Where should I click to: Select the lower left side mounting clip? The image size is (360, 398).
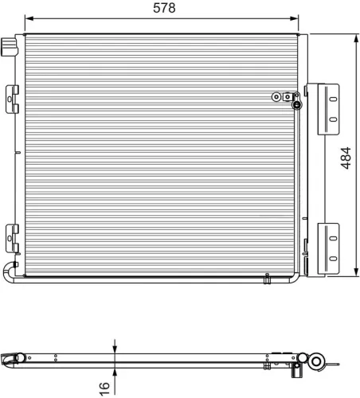click(12, 236)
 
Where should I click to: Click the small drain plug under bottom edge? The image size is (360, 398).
click(267, 279)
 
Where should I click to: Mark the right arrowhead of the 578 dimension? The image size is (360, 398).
click(299, 18)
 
